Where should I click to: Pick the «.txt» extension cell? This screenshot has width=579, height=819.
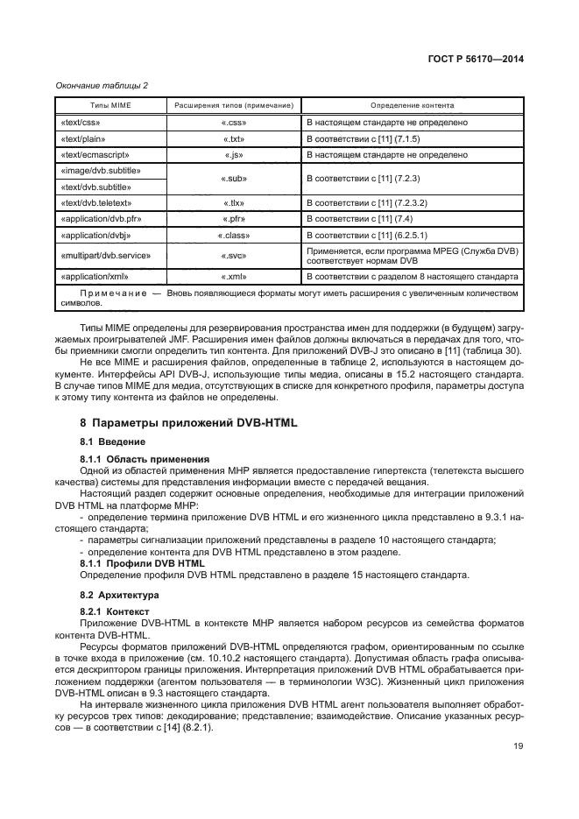(x=232, y=138)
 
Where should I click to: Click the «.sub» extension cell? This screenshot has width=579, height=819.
(x=232, y=178)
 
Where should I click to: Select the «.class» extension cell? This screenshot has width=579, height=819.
(x=232, y=236)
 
